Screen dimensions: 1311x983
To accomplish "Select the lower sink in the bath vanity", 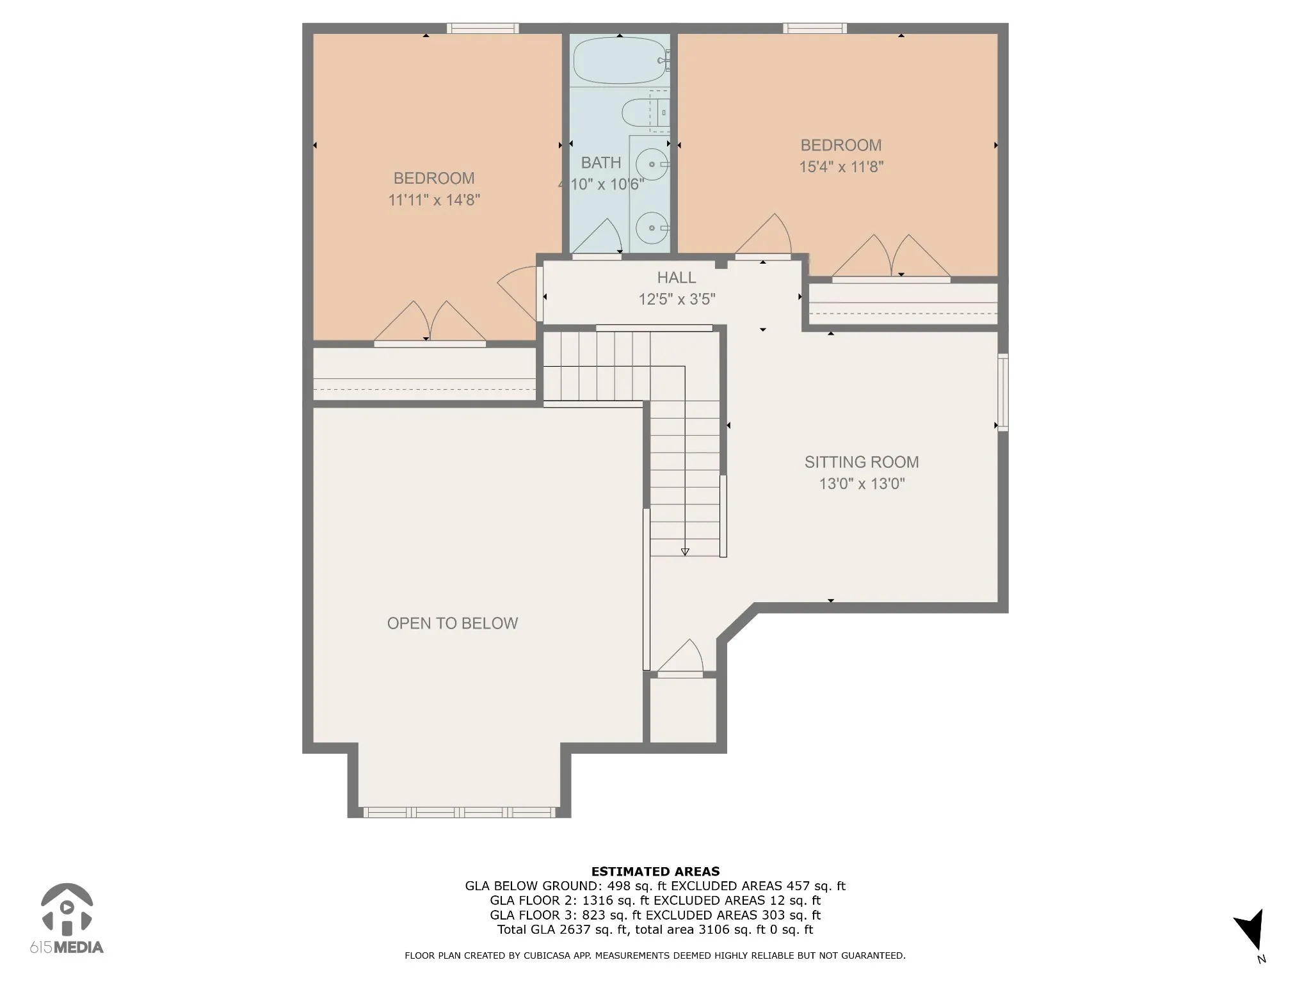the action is pyautogui.click(x=652, y=228).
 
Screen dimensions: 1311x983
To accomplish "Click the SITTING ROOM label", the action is pyautogui.click(x=862, y=462).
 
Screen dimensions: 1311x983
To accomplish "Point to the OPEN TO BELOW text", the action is pyautogui.click(x=453, y=623).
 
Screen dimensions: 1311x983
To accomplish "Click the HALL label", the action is pyautogui.click(x=677, y=278).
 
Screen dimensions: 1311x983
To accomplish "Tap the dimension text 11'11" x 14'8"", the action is pyautogui.click(x=434, y=200).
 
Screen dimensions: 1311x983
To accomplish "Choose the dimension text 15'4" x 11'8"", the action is pyautogui.click(x=841, y=167).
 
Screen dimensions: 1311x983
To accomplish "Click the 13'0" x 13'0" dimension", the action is pyautogui.click(x=862, y=484).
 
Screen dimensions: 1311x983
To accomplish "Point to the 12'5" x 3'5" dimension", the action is pyautogui.click(x=677, y=300).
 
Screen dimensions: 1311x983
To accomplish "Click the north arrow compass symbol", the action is pyautogui.click(x=1250, y=932).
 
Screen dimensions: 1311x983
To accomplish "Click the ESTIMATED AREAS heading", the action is pyautogui.click(x=655, y=871).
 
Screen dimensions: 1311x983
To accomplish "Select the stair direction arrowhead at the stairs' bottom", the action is pyautogui.click(x=685, y=552).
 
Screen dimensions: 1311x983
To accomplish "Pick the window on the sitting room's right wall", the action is pyautogui.click(x=1003, y=392).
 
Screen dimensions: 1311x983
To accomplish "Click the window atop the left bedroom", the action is pyautogui.click(x=483, y=28).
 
